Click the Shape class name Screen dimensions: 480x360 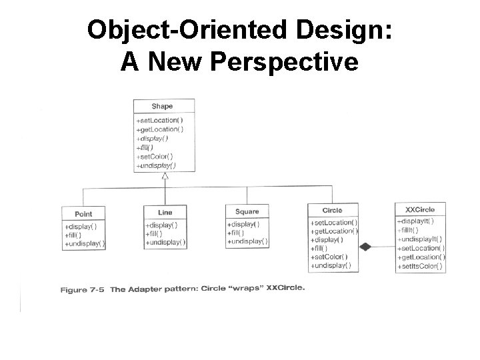(x=163, y=106)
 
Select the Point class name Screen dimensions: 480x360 (x=83, y=214)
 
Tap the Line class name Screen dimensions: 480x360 (x=165, y=212)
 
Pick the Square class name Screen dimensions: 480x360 (x=247, y=211)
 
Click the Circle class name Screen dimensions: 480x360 (x=332, y=211)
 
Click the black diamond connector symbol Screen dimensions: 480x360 (x=365, y=247)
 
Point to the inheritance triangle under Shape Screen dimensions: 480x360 (x=165, y=176)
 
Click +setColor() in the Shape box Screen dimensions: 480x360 (x=155, y=156)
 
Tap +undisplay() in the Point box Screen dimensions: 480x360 (x=85, y=244)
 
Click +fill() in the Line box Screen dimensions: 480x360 (x=156, y=233)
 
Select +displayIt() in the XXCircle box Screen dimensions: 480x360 (x=416, y=220)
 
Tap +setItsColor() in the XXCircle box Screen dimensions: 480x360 (x=420, y=266)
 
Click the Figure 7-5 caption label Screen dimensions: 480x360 (x=83, y=290)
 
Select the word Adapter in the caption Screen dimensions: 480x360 (x=146, y=289)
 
